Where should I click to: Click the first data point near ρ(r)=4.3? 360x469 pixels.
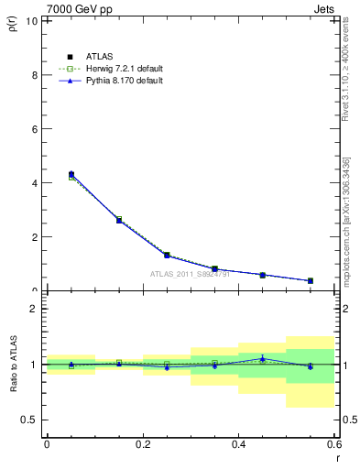coord(71,174)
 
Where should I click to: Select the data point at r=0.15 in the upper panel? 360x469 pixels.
coord(119,220)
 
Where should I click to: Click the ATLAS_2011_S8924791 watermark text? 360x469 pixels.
coord(190,274)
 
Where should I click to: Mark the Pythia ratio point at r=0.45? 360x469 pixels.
coord(262,358)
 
